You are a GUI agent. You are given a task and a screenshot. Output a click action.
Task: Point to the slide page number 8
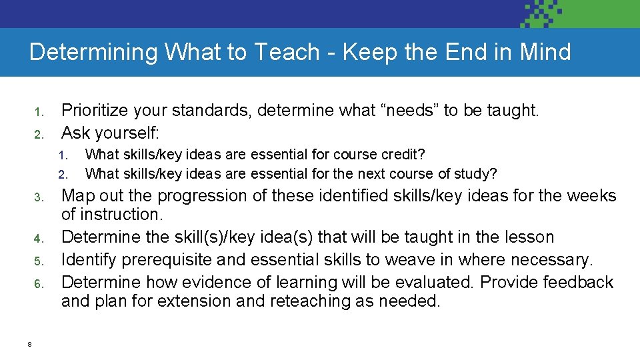pos(30,344)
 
